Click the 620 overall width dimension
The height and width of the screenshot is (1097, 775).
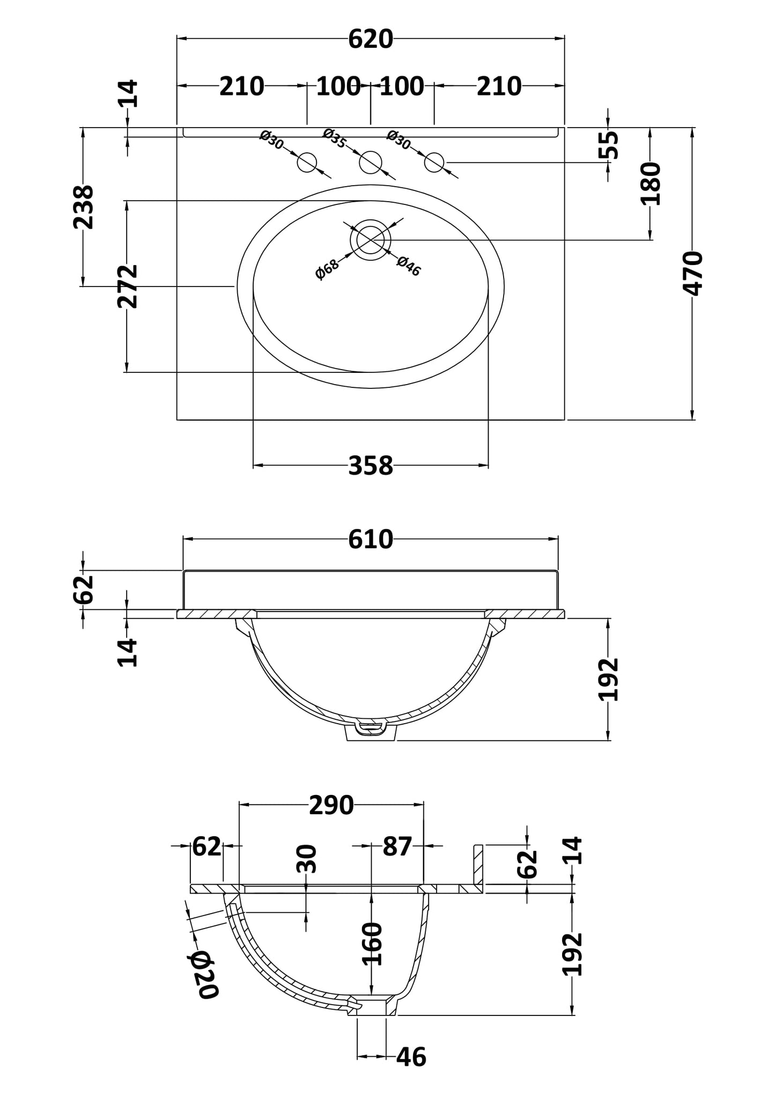pos(371,39)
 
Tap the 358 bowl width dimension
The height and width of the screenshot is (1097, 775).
pos(371,465)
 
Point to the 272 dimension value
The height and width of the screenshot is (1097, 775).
pos(128,286)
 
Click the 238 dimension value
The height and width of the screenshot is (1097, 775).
pos(83,207)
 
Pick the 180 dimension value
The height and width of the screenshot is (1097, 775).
pos(651,184)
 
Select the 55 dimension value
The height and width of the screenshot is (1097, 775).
pos(609,145)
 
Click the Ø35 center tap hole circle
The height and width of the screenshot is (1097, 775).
pos(371,163)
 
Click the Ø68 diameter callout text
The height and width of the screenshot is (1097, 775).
pos(327,269)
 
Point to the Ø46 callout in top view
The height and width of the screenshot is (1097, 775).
pos(409,266)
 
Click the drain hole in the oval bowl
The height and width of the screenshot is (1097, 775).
pos(371,239)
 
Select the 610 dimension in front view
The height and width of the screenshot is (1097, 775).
pos(371,539)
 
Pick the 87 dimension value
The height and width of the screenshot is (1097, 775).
pos(397,846)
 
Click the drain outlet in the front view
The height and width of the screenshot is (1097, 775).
pos(371,730)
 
